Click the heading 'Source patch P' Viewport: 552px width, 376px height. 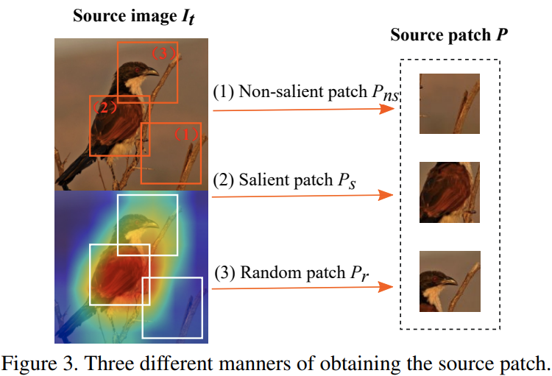[x=449, y=35]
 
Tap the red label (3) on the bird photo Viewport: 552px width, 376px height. [x=164, y=53]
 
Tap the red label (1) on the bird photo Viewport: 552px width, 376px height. [x=186, y=135]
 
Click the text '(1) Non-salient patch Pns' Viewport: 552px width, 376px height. [x=305, y=93]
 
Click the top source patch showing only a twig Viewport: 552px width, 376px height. [x=449, y=104]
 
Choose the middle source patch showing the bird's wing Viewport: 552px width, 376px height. [x=449, y=193]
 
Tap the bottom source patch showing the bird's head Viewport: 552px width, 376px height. [x=449, y=281]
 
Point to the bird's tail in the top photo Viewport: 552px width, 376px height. [x=71, y=176]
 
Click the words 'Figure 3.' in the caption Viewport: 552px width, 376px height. [x=40, y=363]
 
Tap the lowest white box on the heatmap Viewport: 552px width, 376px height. [x=171, y=308]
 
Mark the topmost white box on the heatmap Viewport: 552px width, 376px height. [x=147, y=224]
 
